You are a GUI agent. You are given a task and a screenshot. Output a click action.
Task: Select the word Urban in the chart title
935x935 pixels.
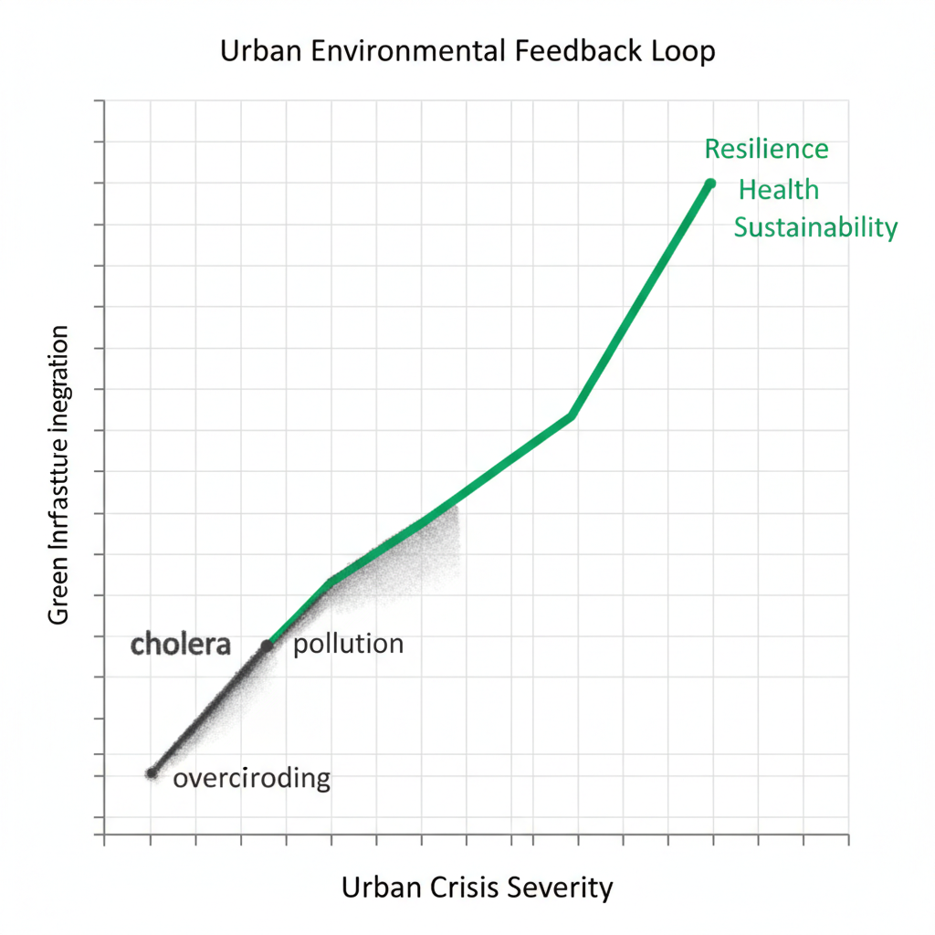coord(258,52)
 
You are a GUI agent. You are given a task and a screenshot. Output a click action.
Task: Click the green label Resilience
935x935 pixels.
coord(766,149)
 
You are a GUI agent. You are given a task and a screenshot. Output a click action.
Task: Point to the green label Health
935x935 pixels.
coord(778,190)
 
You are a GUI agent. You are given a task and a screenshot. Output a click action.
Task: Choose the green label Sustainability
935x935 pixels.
coord(815,227)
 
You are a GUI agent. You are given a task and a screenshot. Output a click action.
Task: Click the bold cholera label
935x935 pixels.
coord(180,644)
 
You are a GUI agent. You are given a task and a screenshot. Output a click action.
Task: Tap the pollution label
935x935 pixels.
coord(348,644)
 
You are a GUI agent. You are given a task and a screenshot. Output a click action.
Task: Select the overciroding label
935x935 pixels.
coord(251,778)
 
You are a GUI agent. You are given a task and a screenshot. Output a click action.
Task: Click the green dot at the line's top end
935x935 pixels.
coord(710,184)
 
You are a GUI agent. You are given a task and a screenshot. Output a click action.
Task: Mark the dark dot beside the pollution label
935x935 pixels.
coord(267,646)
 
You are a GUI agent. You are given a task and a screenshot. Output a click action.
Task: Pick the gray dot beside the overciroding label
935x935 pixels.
coord(152,773)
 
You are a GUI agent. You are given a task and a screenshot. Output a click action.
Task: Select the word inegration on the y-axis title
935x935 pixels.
coord(58,373)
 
